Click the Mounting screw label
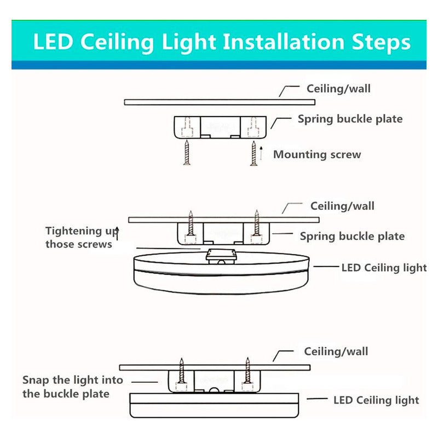tap(317, 154)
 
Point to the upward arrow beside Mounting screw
tap(262, 153)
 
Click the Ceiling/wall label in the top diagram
tap(338, 89)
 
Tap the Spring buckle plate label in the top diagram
tap(350, 119)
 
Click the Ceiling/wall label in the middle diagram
tap(342, 206)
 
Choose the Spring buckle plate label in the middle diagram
tap(352, 237)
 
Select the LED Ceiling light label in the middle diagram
tap(384, 268)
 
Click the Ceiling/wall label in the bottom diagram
tap(336, 351)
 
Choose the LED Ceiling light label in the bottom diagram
tap(376, 400)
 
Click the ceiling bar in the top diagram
tap(219, 102)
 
